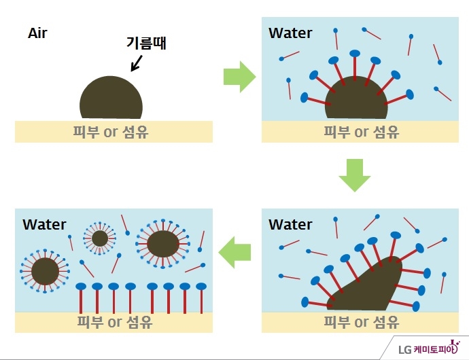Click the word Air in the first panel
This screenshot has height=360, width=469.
[37, 33]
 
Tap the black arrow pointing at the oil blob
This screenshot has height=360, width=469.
[136, 63]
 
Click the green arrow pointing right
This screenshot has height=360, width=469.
[239, 77]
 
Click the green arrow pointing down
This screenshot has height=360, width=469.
[354, 175]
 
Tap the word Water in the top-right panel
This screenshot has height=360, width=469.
[290, 33]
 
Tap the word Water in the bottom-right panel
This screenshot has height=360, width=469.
[290, 224]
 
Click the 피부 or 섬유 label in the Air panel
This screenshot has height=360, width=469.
[111, 131]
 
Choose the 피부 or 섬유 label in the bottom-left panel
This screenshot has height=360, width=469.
[114, 321]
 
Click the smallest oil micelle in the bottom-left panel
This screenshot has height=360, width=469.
[100, 238]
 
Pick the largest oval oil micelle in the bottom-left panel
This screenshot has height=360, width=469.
[162, 242]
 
